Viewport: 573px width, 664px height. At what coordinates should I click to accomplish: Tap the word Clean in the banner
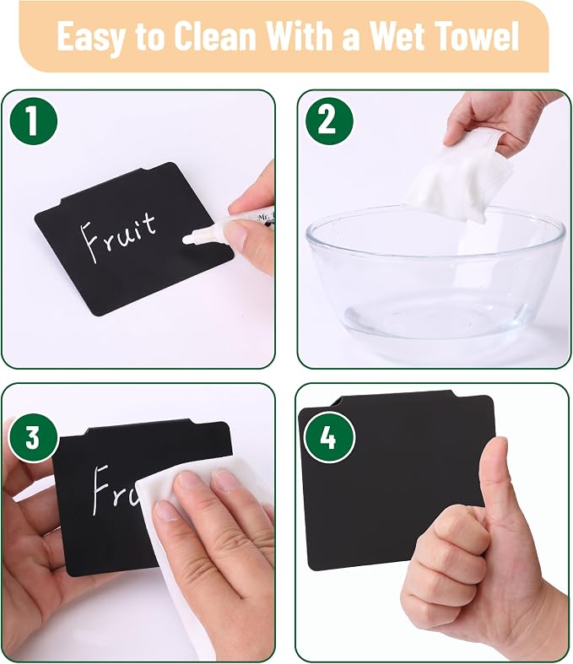(x=215, y=35)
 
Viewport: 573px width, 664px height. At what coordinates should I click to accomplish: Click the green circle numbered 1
(x=33, y=121)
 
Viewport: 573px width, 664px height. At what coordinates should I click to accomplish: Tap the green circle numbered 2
(x=329, y=121)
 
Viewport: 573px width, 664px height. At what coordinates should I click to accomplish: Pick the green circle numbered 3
(x=33, y=437)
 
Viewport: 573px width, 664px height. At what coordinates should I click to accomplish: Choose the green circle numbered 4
(x=328, y=437)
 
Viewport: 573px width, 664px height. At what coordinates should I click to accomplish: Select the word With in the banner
(x=302, y=35)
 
